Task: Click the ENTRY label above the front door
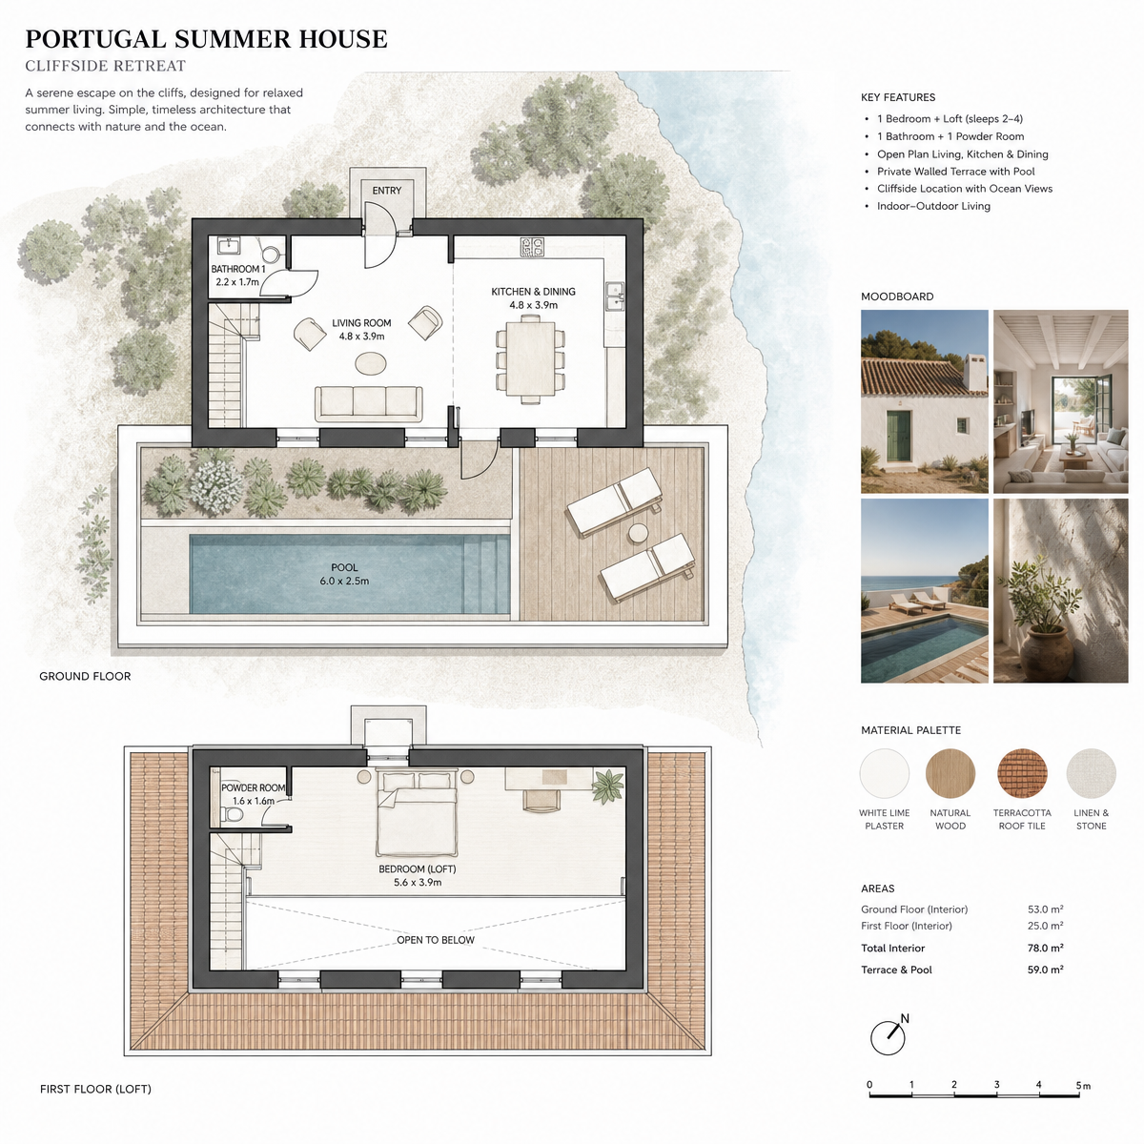tap(386, 191)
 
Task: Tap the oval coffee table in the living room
tap(371, 363)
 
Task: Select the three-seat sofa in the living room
tap(368, 403)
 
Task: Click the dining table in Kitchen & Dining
tap(530, 358)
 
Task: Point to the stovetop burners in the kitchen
tap(532, 247)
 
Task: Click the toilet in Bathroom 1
tap(271, 253)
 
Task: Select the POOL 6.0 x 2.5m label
tap(344, 574)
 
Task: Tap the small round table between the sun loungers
tap(638, 533)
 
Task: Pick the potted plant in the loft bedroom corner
tap(607, 786)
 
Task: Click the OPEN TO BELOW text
tap(435, 940)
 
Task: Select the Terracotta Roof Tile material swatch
tap(1022, 773)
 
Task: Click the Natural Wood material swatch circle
tap(950, 773)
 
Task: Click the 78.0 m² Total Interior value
tap(1046, 948)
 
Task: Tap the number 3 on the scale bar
tap(997, 1084)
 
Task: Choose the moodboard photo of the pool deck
tap(925, 591)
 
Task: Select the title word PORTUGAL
tap(95, 39)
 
